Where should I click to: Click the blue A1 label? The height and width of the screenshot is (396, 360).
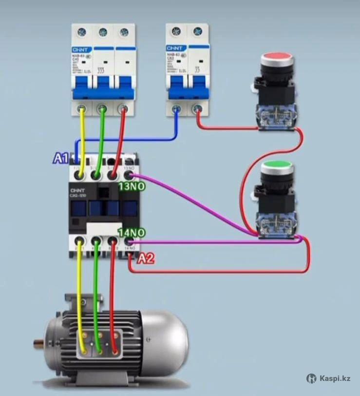click(x=60, y=158)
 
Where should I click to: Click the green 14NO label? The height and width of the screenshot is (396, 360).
click(x=131, y=233)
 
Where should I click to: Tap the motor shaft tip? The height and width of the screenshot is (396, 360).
click(x=36, y=343)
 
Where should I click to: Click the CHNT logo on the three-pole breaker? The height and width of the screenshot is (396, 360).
click(x=79, y=50)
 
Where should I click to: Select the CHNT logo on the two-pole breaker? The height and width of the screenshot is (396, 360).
click(x=173, y=48)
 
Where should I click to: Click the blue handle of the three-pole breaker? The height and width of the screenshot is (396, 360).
click(x=102, y=88)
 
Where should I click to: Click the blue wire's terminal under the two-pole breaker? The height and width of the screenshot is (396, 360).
click(x=176, y=109)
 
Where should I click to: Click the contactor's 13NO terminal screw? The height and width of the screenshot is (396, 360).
click(x=129, y=175)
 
